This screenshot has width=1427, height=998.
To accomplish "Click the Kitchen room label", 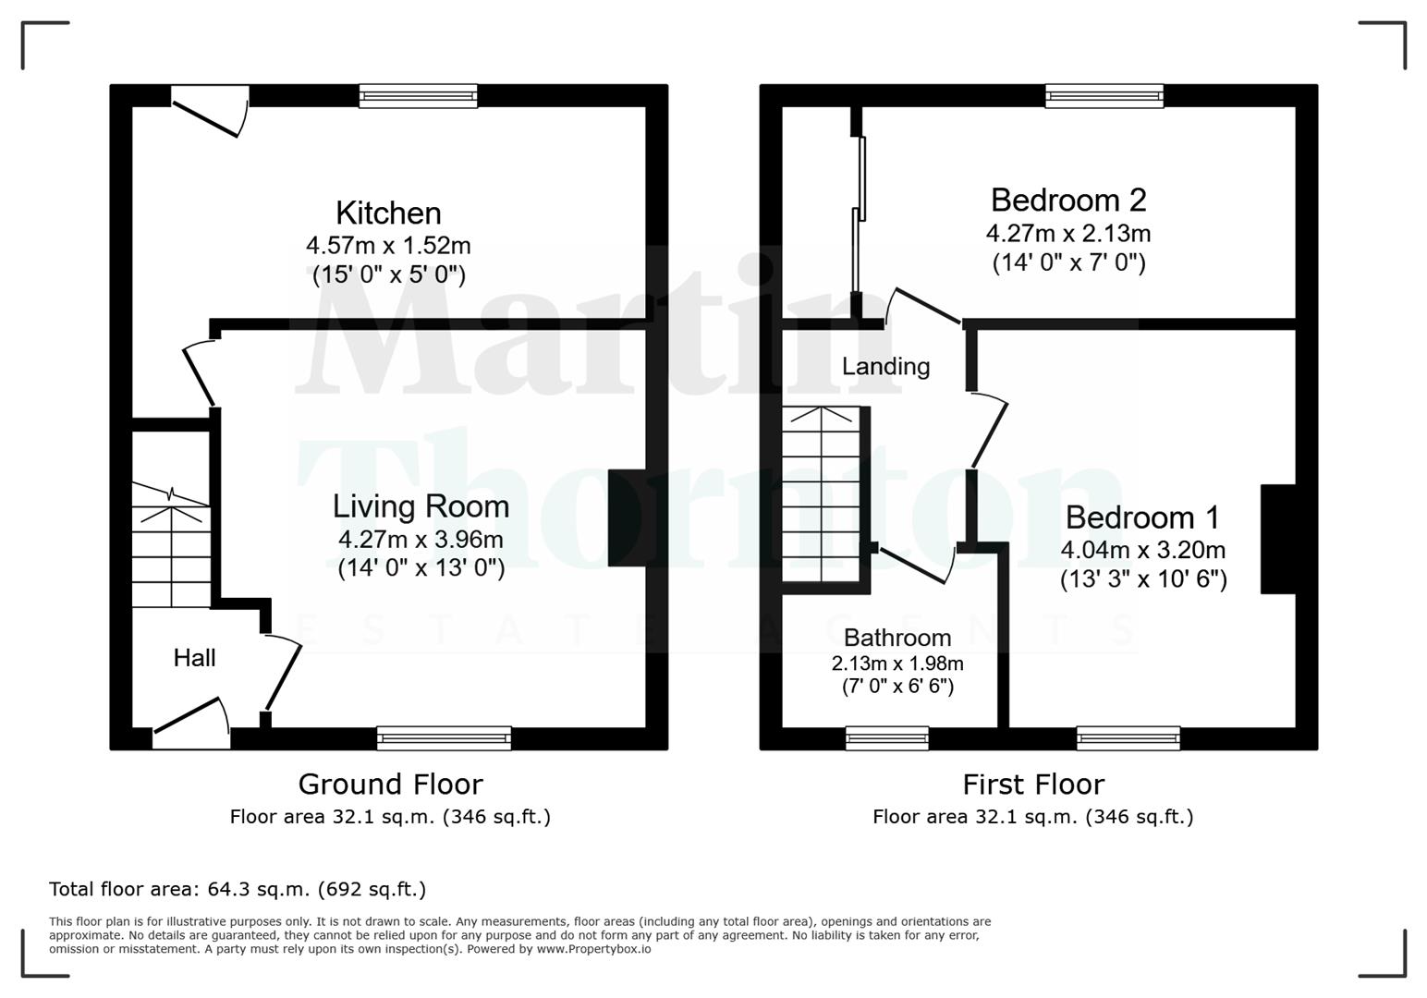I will (388, 213).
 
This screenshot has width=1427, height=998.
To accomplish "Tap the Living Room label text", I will (421, 506).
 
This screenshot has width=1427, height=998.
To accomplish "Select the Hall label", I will (194, 658).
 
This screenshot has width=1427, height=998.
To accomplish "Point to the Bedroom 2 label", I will (1067, 201).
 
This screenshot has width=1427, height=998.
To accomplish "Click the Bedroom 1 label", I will (1142, 517).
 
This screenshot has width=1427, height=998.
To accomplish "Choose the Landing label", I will (885, 367).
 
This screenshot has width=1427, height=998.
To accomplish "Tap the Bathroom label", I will (896, 638).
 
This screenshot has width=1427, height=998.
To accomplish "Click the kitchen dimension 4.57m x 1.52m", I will (388, 246).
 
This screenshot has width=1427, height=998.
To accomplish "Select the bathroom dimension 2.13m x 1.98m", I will (896, 663).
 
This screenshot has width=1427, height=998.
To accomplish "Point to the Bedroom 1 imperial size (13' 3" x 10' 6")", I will (1142, 579).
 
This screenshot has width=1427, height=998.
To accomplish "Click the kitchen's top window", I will (418, 96).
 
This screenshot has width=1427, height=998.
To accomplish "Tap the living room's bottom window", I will (444, 737).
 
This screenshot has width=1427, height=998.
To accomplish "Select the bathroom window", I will (887, 737).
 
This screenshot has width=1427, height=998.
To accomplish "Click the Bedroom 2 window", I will (1104, 96).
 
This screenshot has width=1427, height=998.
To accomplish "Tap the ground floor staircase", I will (171, 545).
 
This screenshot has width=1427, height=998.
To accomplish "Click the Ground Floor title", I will (390, 785).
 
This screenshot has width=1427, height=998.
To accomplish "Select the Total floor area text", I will (238, 889).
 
